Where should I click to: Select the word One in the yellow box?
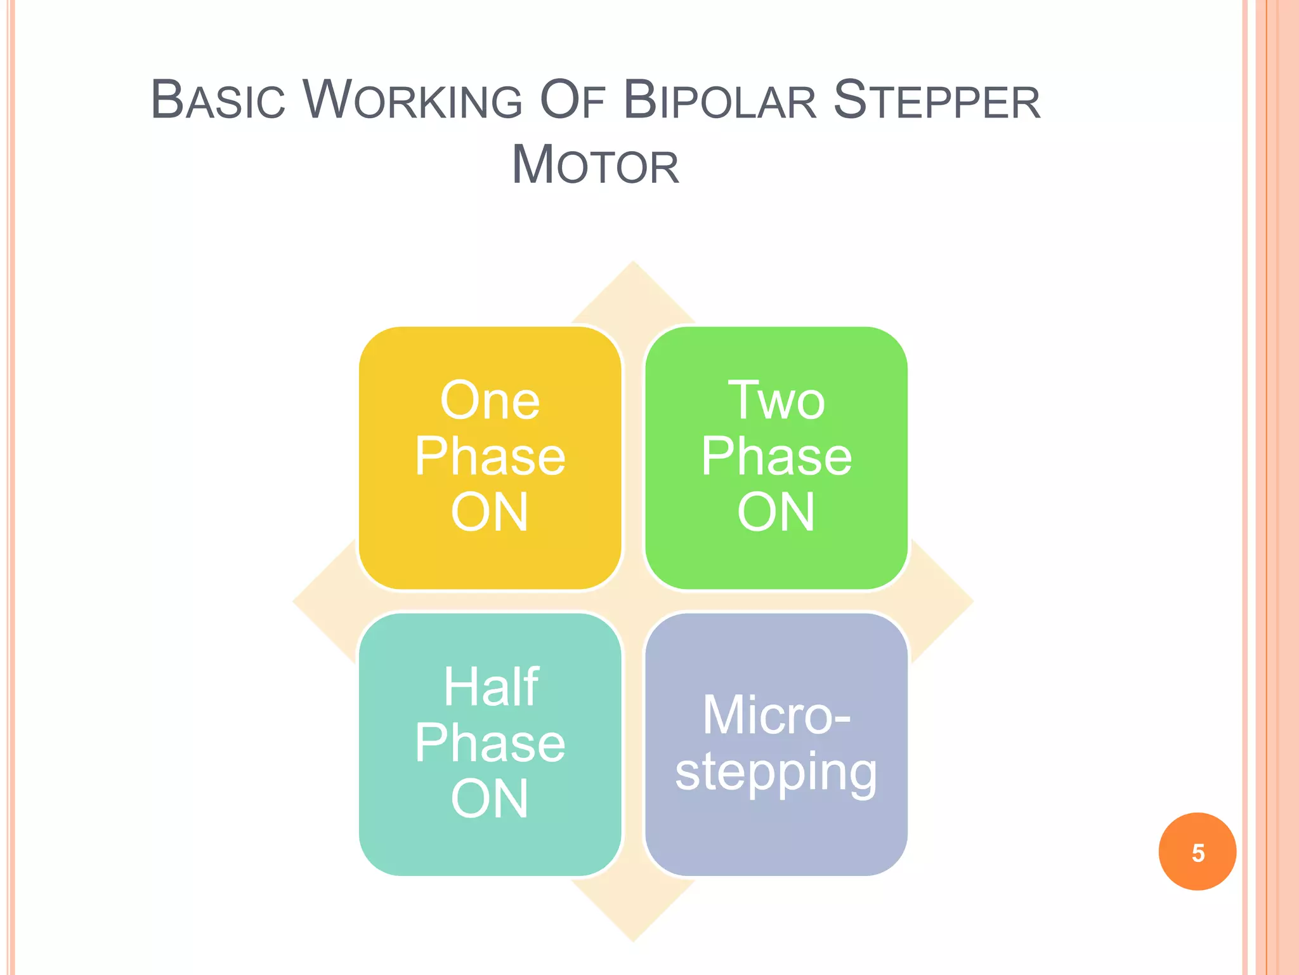tap(490, 401)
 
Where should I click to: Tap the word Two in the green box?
tap(776, 401)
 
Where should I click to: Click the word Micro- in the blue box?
tap(776, 716)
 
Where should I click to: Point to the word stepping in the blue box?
tap(776, 773)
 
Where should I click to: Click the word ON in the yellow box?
tap(490, 513)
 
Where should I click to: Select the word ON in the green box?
tap(776, 513)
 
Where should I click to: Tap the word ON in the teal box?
tap(490, 799)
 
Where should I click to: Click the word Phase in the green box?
tap(776, 457)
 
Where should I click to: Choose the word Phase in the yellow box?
tap(490, 457)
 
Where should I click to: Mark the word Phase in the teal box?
tap(490, 743)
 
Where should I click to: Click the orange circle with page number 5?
tap(1197, 852)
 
